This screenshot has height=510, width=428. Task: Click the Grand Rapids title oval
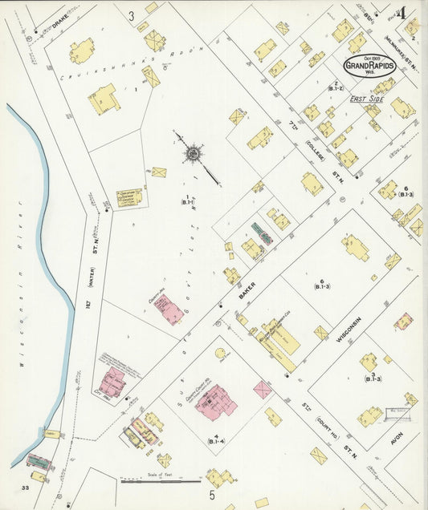[369, 65]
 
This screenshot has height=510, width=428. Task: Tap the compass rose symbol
[194, 152]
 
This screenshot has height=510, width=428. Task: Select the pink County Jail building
[168, 309]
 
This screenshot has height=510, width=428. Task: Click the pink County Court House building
[214, 400]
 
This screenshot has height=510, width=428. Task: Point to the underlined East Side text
[366, 98]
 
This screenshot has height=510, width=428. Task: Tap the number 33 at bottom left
[26, 486]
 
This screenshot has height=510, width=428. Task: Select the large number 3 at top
[131, 15]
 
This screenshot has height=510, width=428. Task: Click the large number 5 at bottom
[213, 495]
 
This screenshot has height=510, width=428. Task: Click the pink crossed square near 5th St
[263, 390]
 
